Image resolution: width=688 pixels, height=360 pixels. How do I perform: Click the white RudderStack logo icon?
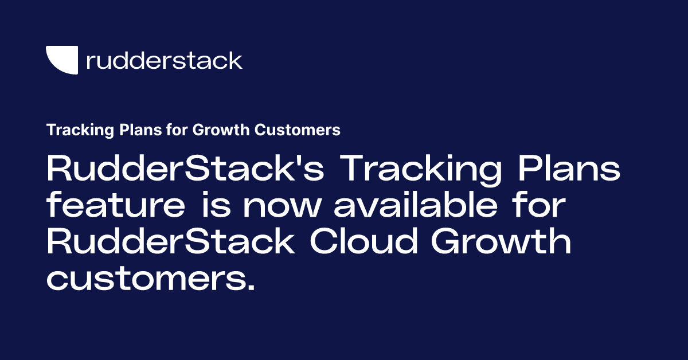click(62, 60)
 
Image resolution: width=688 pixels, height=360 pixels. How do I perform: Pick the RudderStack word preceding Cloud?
click(170, 244)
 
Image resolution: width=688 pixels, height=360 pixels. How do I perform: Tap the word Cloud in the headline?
click(363, 244)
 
